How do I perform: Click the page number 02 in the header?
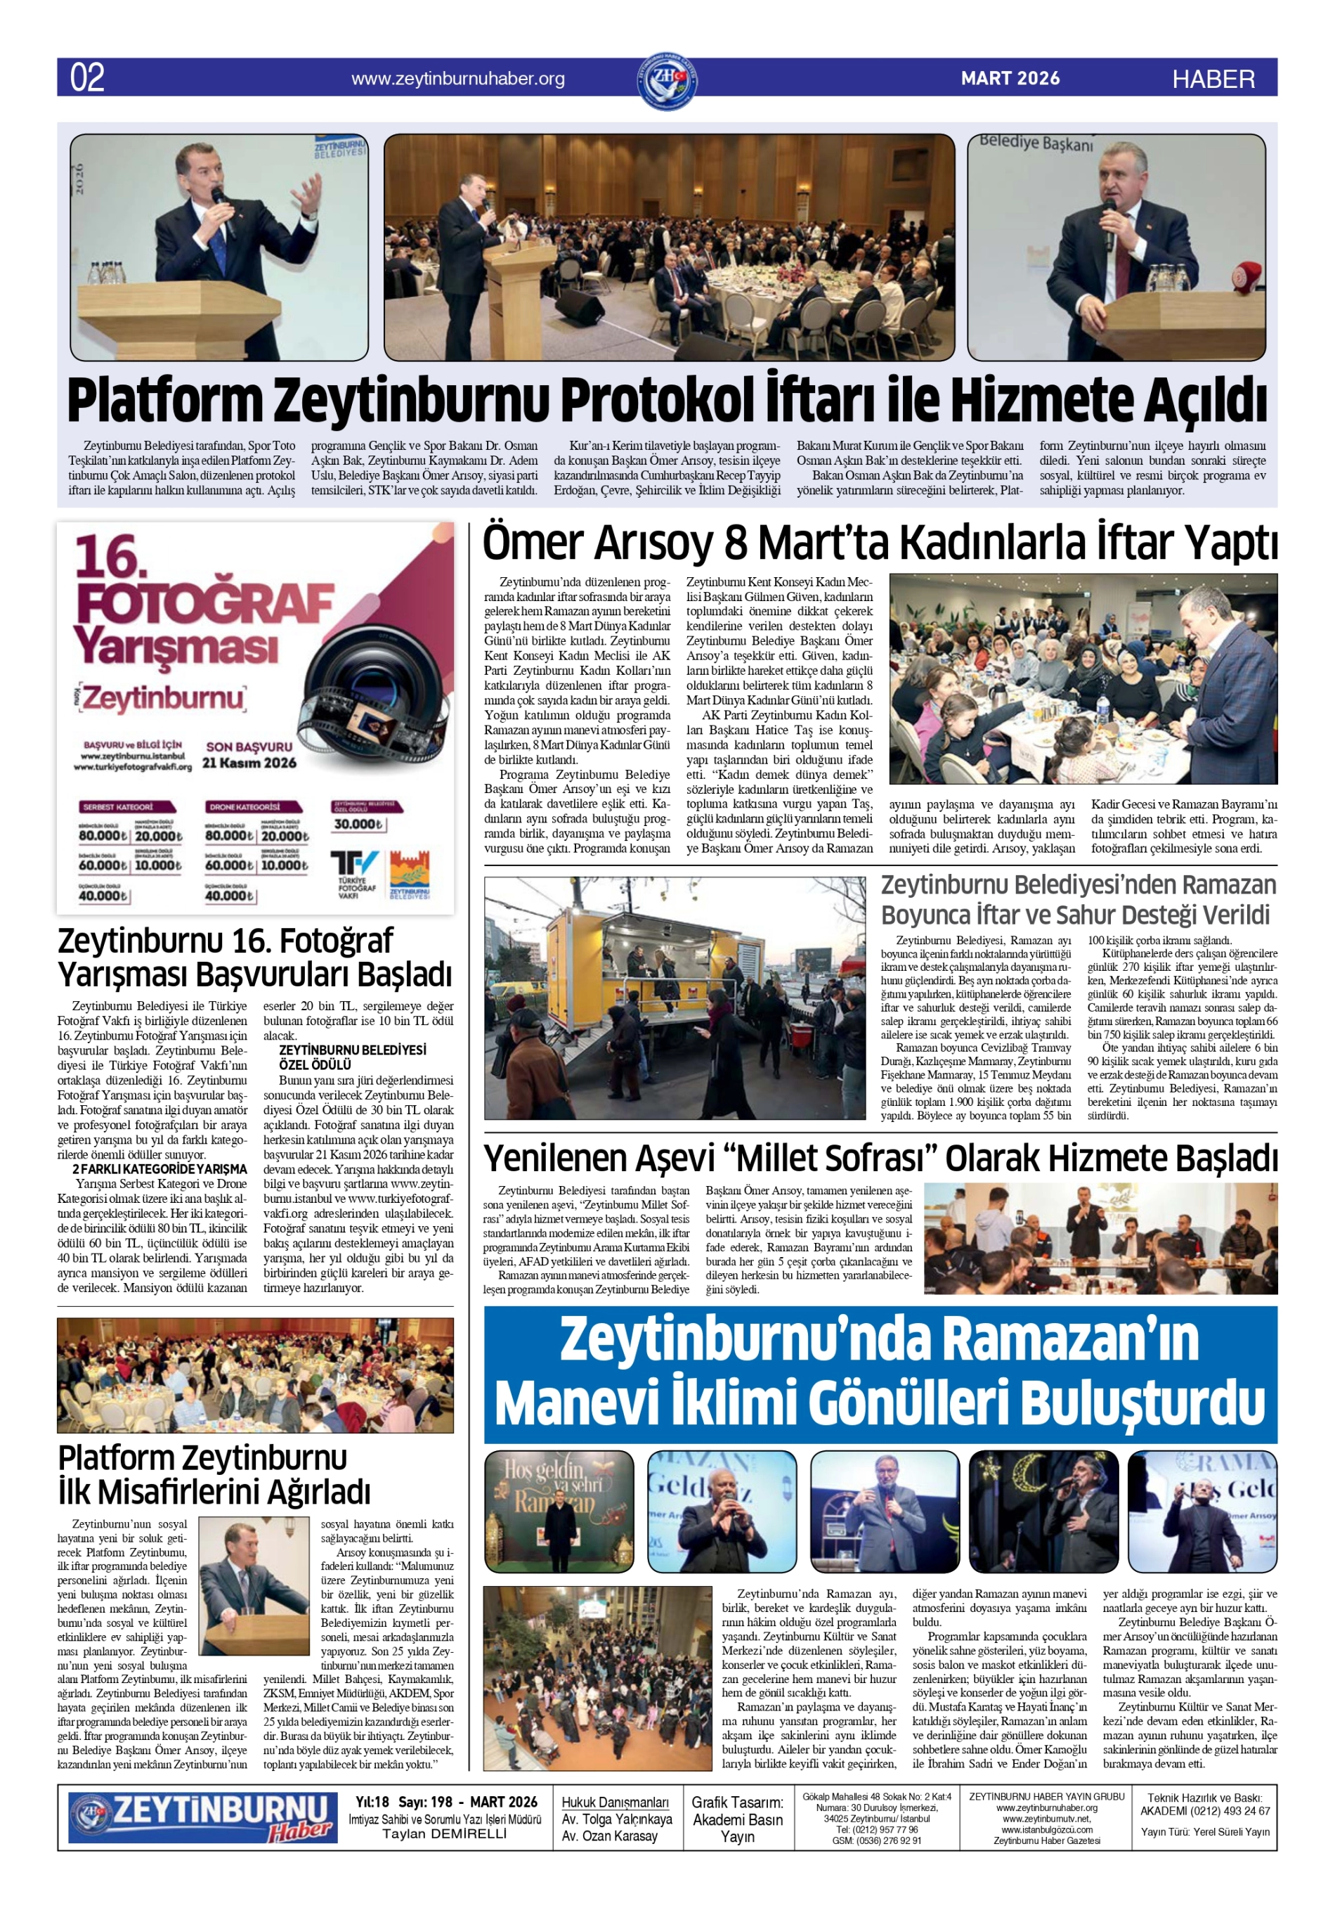tap(87, 77)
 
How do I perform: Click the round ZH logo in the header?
tap(666, 81)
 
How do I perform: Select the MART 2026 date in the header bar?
tap(1010, 78)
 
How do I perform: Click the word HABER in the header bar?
tap(1213, 79)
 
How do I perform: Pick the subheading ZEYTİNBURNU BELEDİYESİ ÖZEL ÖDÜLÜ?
tap(352, 1057)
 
